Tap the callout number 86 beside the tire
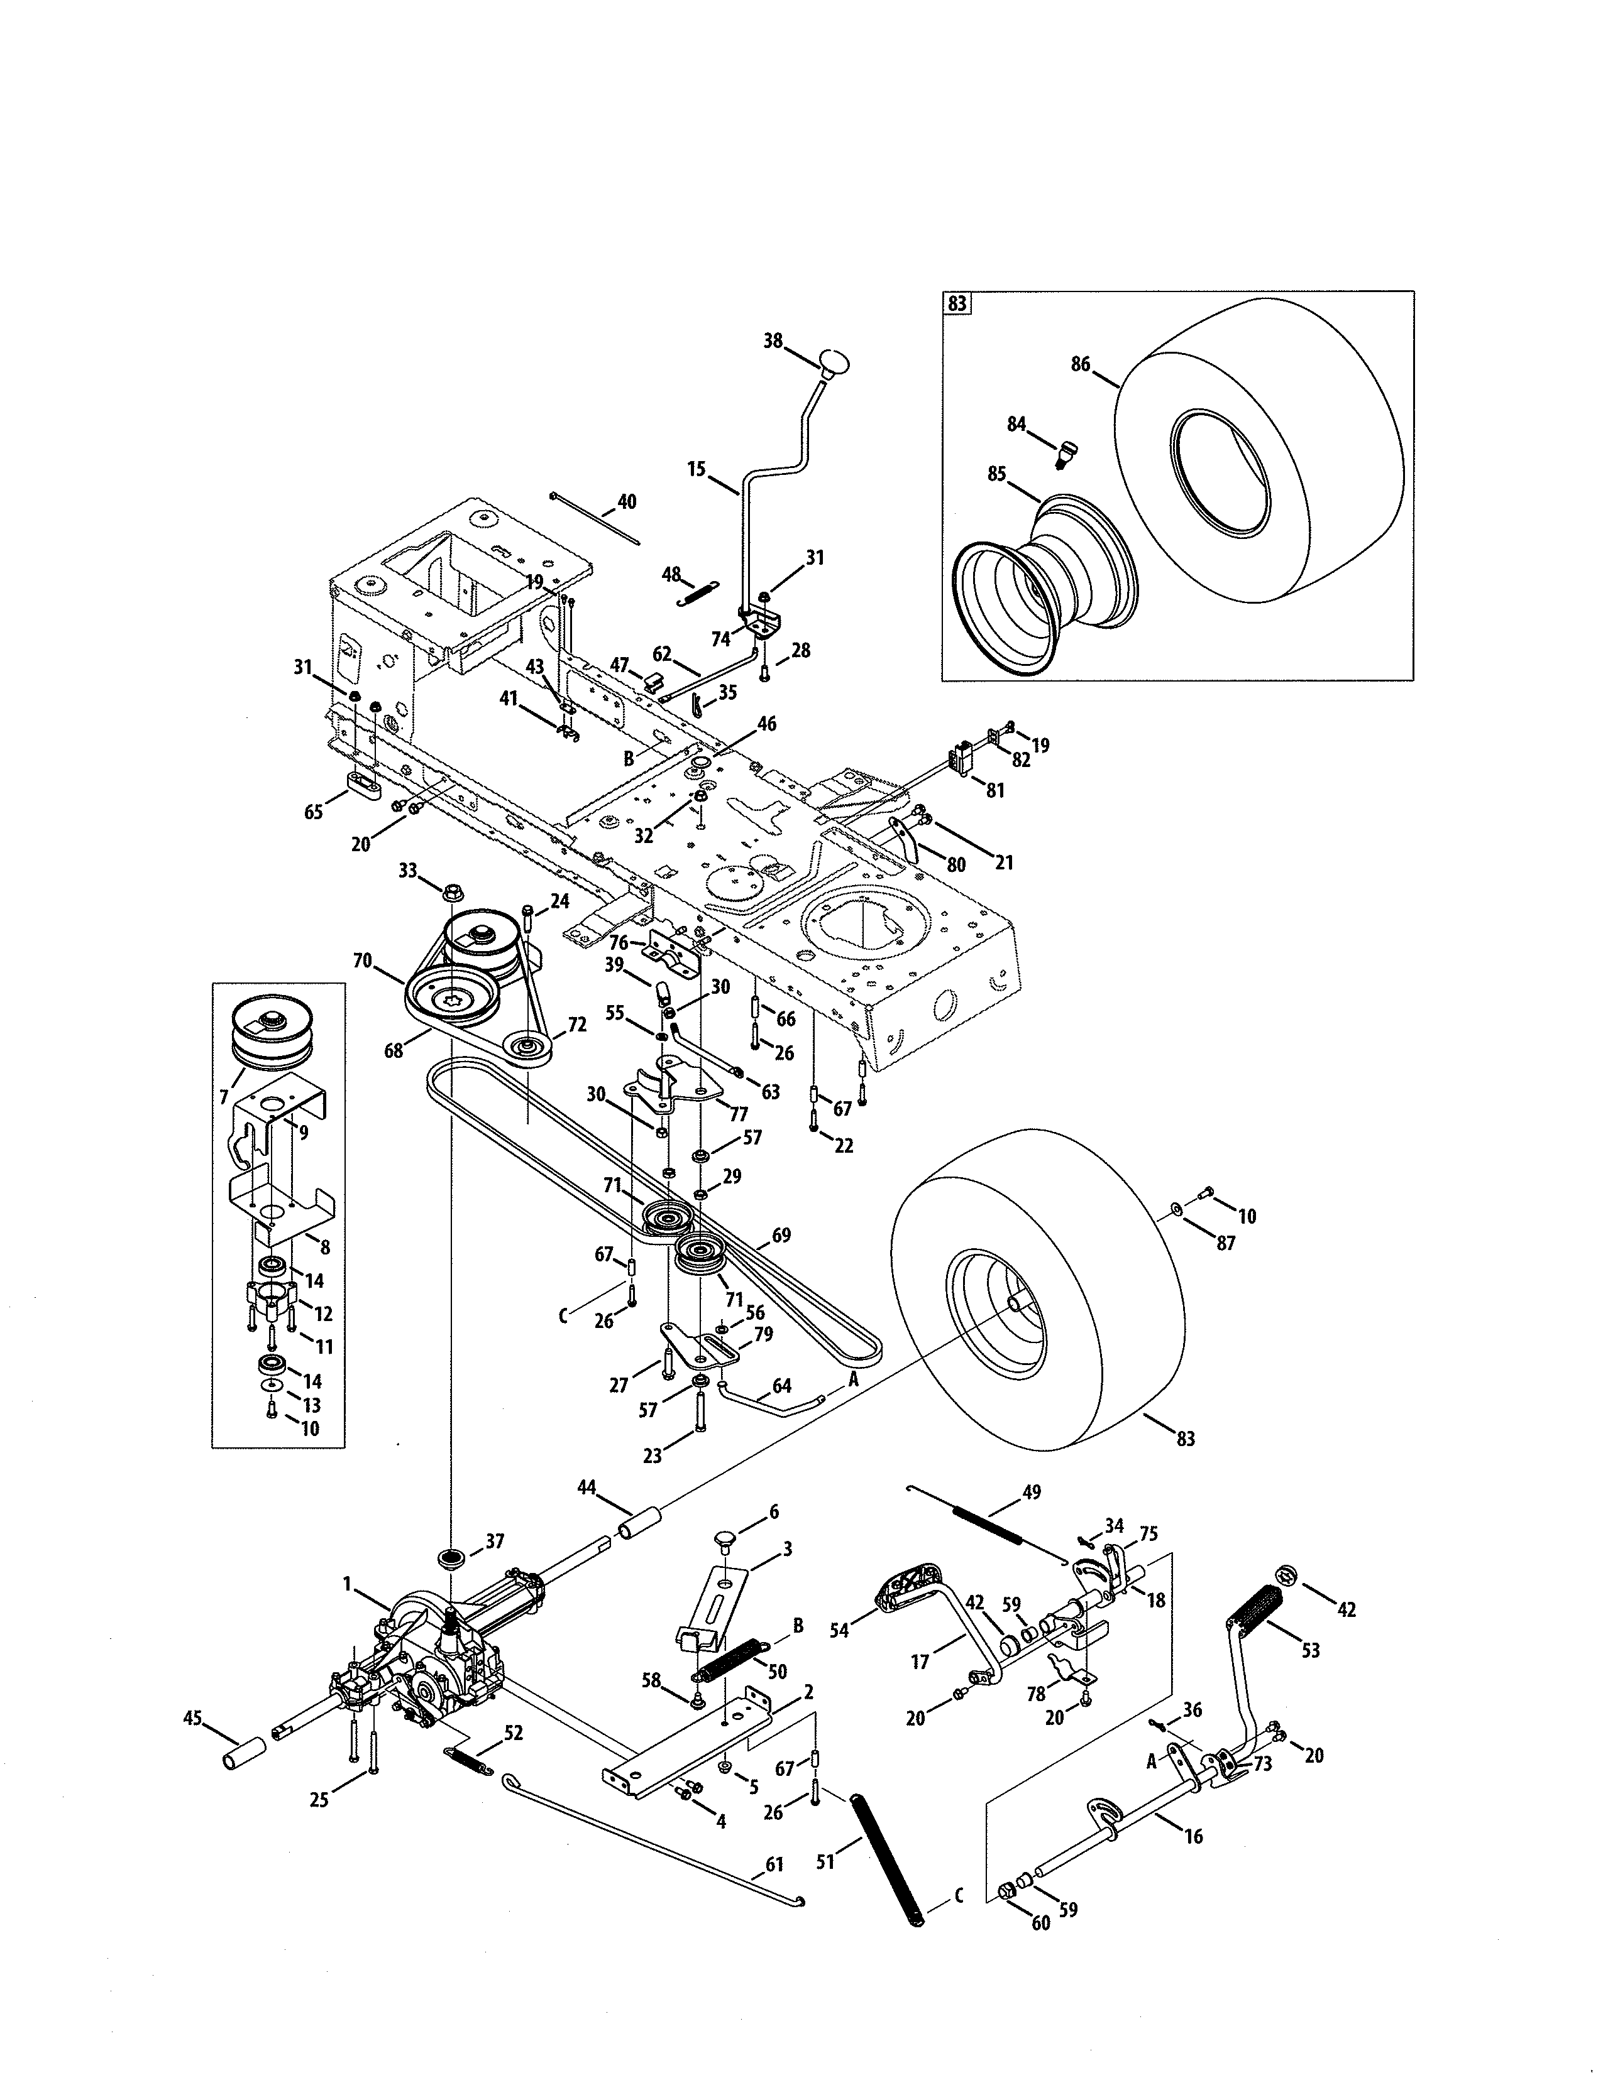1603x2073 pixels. (1081, 364)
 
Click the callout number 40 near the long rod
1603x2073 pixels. (627, 501)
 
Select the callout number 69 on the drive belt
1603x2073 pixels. (781, 1235)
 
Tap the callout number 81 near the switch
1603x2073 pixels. (994, 790)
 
